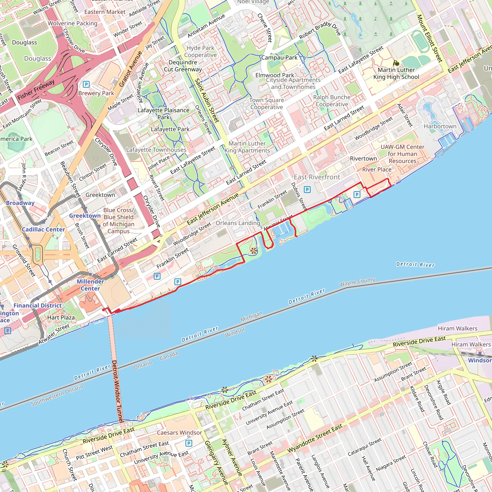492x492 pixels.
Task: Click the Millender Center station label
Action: [x=90, y=285]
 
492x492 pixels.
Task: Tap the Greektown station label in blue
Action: [x=85, y=216]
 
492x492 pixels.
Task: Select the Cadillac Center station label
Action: [x=43, y=229]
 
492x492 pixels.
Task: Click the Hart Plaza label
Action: [x=61, y=318]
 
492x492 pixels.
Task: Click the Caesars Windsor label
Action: [x=179, y=433]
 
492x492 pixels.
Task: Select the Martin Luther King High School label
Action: [x=396, y=73]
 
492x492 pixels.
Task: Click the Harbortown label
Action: [x=440, y=126]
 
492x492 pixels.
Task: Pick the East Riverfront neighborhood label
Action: [x=317, y=177]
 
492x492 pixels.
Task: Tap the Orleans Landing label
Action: [x=238, y=223]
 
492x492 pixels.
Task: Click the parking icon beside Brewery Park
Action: [x=86, y=84]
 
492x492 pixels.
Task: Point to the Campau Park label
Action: [x=279, y=58]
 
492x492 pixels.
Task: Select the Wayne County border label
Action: [x=357, y=282]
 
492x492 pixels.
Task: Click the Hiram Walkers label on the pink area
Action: [x=457, y=328]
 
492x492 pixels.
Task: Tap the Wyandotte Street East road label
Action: [x=315, y=438]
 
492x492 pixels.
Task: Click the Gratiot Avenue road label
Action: [x=131, y=69]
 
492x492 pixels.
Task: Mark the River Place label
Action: [x=377, y=170]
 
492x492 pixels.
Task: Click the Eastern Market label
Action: [x=105, y=12]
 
